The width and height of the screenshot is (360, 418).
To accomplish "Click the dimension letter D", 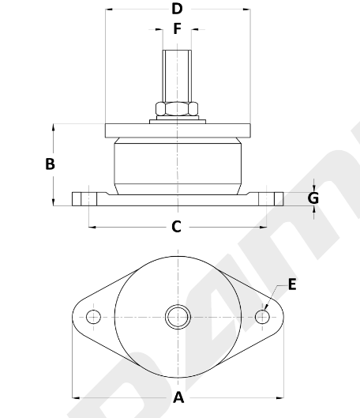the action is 177,9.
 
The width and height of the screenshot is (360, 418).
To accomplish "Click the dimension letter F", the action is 178,28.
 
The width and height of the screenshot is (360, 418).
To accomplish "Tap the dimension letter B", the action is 50,164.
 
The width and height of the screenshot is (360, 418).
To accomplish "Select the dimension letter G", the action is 313,198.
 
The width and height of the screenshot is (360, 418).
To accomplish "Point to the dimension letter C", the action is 177,227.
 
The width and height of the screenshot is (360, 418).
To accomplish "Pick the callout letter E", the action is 292,284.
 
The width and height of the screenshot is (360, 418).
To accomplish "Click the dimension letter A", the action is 178,397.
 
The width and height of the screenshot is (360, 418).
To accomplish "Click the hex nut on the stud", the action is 177,109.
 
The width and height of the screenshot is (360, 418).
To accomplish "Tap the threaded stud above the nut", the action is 177,76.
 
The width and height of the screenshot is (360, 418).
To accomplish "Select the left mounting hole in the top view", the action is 93,317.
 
